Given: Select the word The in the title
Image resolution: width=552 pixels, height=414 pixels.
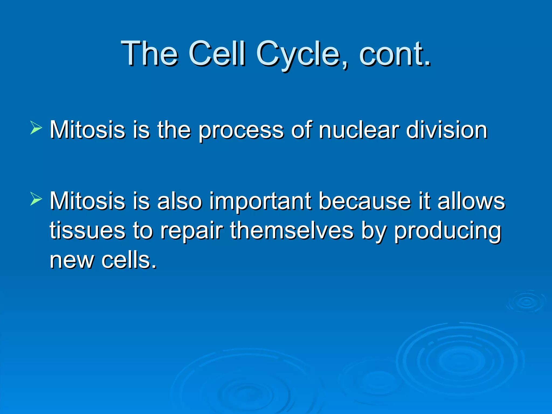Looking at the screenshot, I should click(x=150, y=54).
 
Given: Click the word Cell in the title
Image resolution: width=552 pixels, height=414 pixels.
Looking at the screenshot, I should click(x=217, y=54).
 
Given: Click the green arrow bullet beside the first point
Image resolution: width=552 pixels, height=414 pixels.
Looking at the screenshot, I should click(x=36, y=128).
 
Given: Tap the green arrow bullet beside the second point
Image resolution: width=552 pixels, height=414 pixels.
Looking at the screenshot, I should click(x=36, y=199).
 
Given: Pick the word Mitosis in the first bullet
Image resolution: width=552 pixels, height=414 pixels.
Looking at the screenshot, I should click(x=87, y=130).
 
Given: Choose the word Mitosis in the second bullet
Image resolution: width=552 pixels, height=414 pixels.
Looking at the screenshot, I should click(x=87, y=201).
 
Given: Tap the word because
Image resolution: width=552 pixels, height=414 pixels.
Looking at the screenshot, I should click(x=365, y=201).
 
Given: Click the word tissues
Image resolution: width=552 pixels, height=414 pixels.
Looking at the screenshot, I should click(x=87, y=231).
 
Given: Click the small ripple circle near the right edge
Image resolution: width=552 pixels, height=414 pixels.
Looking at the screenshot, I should click(x=526, y=302).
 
